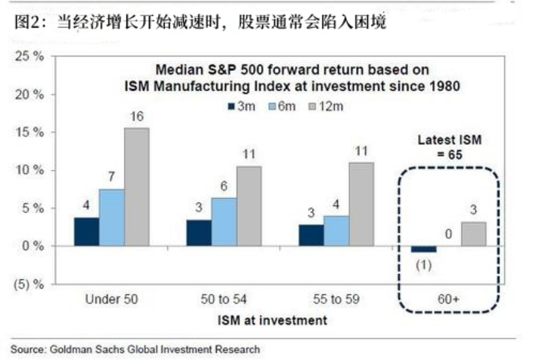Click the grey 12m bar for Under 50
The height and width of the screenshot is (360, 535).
[x=136, y=187]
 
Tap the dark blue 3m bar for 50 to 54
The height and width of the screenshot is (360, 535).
[x=199, y=233]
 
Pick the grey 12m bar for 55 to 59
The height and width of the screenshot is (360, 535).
[x=361, y=204]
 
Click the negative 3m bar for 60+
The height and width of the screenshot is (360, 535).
[x=423, y=249]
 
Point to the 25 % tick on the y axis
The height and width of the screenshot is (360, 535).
[x=29, y=56]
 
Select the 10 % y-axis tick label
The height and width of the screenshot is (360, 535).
[x=29, y=170]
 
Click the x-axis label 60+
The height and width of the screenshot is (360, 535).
[x=448, y=300]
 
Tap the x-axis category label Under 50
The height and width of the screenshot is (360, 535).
[x=112, y=300]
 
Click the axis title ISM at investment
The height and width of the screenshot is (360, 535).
[x=271, y=321]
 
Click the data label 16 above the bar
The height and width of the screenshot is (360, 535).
[x=136, y=117]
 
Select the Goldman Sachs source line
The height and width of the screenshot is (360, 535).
[x=135, y=350]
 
